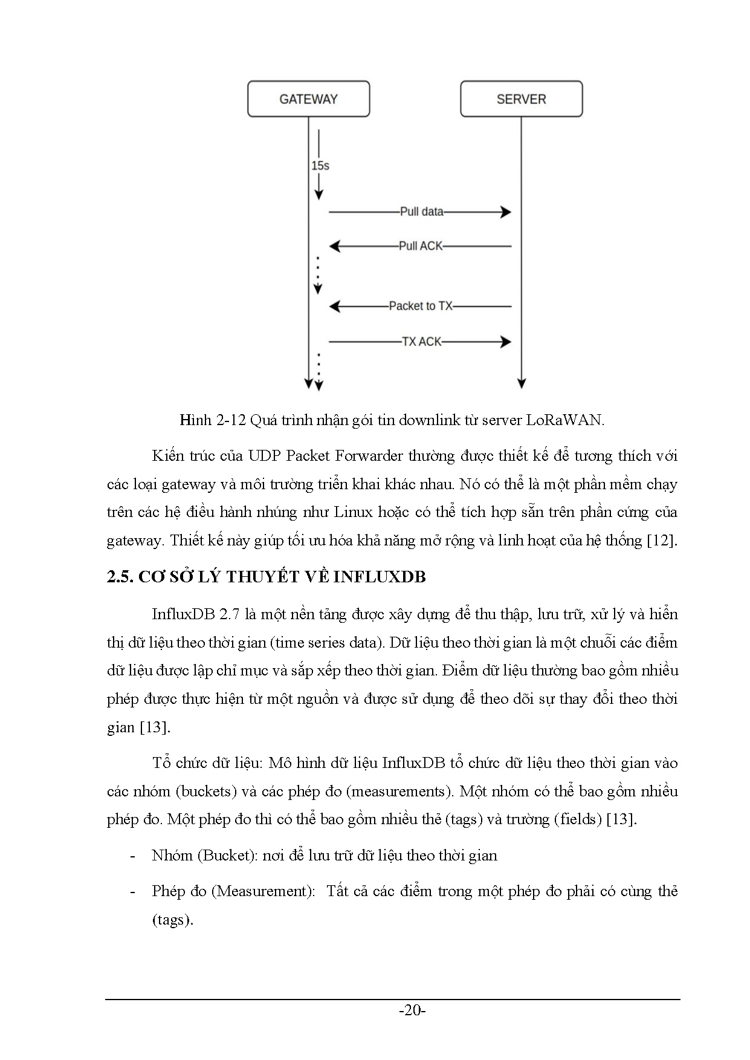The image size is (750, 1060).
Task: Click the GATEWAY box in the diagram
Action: pyautogui.click(x=308, y=99)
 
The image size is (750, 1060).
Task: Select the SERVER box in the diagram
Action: pyautogui.click(x=521, y=99)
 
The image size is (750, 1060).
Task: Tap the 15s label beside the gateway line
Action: pyautogui.click(x=320, y=165)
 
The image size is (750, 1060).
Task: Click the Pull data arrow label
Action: pyautogui.click(x=421, y=212)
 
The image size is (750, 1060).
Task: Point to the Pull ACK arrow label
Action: pyautogui.click(x=421, y=246)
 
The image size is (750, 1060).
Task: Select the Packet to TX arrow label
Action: pyautogui.click(x=421, y=306)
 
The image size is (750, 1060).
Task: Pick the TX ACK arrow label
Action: pyautogui.click(x=422, y=342)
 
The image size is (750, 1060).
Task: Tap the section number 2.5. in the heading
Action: pyautogui.click(x=120, y=577)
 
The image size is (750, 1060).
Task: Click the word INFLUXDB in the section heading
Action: pyautogui.click(x=380, y=577)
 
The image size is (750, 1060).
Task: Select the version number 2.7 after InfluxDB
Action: pyautogui.click(x=230, y=614)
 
